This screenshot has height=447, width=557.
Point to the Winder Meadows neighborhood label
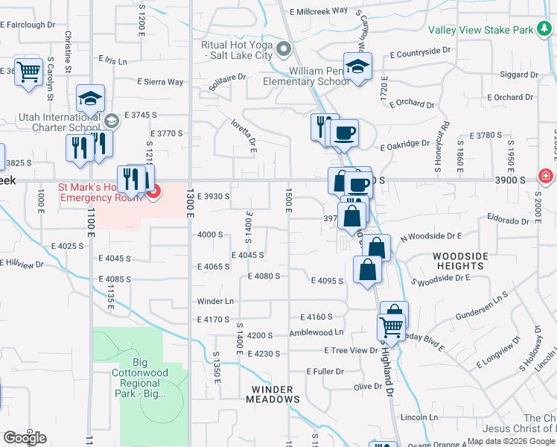point(276,394)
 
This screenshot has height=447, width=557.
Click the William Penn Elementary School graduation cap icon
point(357,68)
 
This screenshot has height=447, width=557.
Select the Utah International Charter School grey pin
point(112,121)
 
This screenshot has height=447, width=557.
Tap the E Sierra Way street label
point(160,82)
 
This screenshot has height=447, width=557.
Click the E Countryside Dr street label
point(421,54)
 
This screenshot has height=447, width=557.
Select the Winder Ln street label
point(215,301)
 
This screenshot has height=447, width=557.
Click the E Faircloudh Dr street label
point(28,25)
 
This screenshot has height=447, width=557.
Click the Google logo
point(25,438)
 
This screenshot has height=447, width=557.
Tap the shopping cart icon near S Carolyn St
point(28,73)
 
